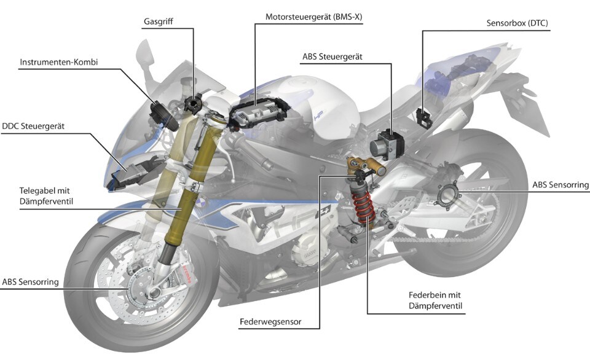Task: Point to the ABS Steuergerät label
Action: [332, 57]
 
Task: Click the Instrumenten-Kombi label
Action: [59, 62]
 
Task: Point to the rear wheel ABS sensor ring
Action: [449, 194]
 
